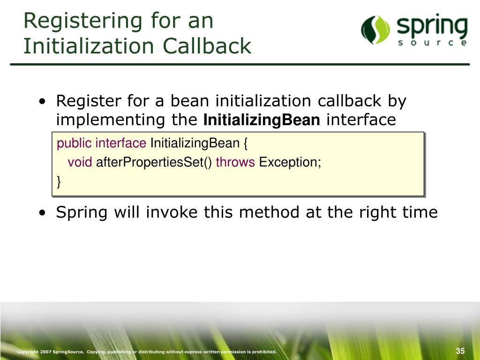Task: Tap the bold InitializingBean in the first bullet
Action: click(262, 120)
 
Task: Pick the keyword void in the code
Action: click(80, 163)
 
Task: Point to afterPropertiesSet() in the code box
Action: click(154, 163)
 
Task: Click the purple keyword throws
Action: click(235, 163)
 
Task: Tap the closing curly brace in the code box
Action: click(59, 182)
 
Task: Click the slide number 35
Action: click(460, 352)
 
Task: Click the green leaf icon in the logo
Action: click(375, 30)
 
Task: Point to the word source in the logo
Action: click(431, 43)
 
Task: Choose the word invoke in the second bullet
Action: click(172, 212)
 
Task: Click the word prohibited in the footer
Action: click(263, 352)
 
